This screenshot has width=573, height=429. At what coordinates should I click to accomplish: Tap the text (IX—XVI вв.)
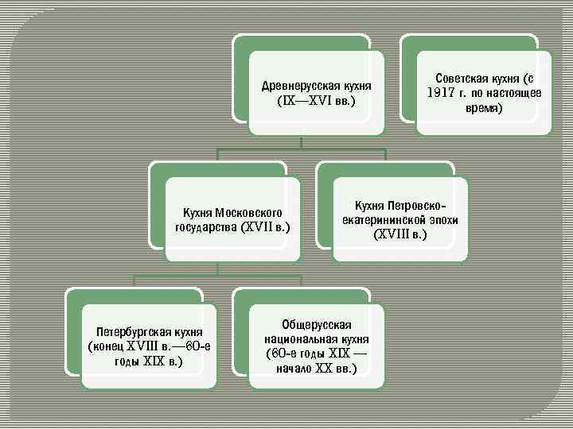pyautogui.click(x=316, y=101)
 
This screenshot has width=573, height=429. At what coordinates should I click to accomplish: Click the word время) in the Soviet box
pyautogui.click(x=484, y=108)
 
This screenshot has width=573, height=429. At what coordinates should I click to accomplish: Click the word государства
pyautogui.click(x=205, y=227)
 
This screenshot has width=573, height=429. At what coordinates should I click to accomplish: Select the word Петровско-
pyautogui.click(x=415, y=206)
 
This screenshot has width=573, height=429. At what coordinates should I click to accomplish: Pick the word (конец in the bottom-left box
pyautogui.click(x=108, y=346)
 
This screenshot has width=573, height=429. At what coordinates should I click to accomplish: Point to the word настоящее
pyautogui.click(x=504, y=93)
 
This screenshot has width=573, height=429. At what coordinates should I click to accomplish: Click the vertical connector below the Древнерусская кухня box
pyautogui.click(x=301, y=141)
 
